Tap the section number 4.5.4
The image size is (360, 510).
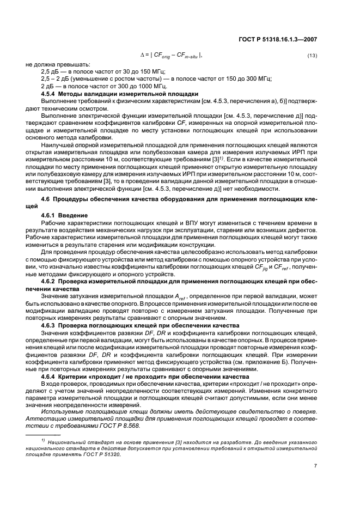(x=51, y=94)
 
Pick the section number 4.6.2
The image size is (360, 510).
(x=51, y=281)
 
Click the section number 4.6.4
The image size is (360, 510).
(x=51, y=376)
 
